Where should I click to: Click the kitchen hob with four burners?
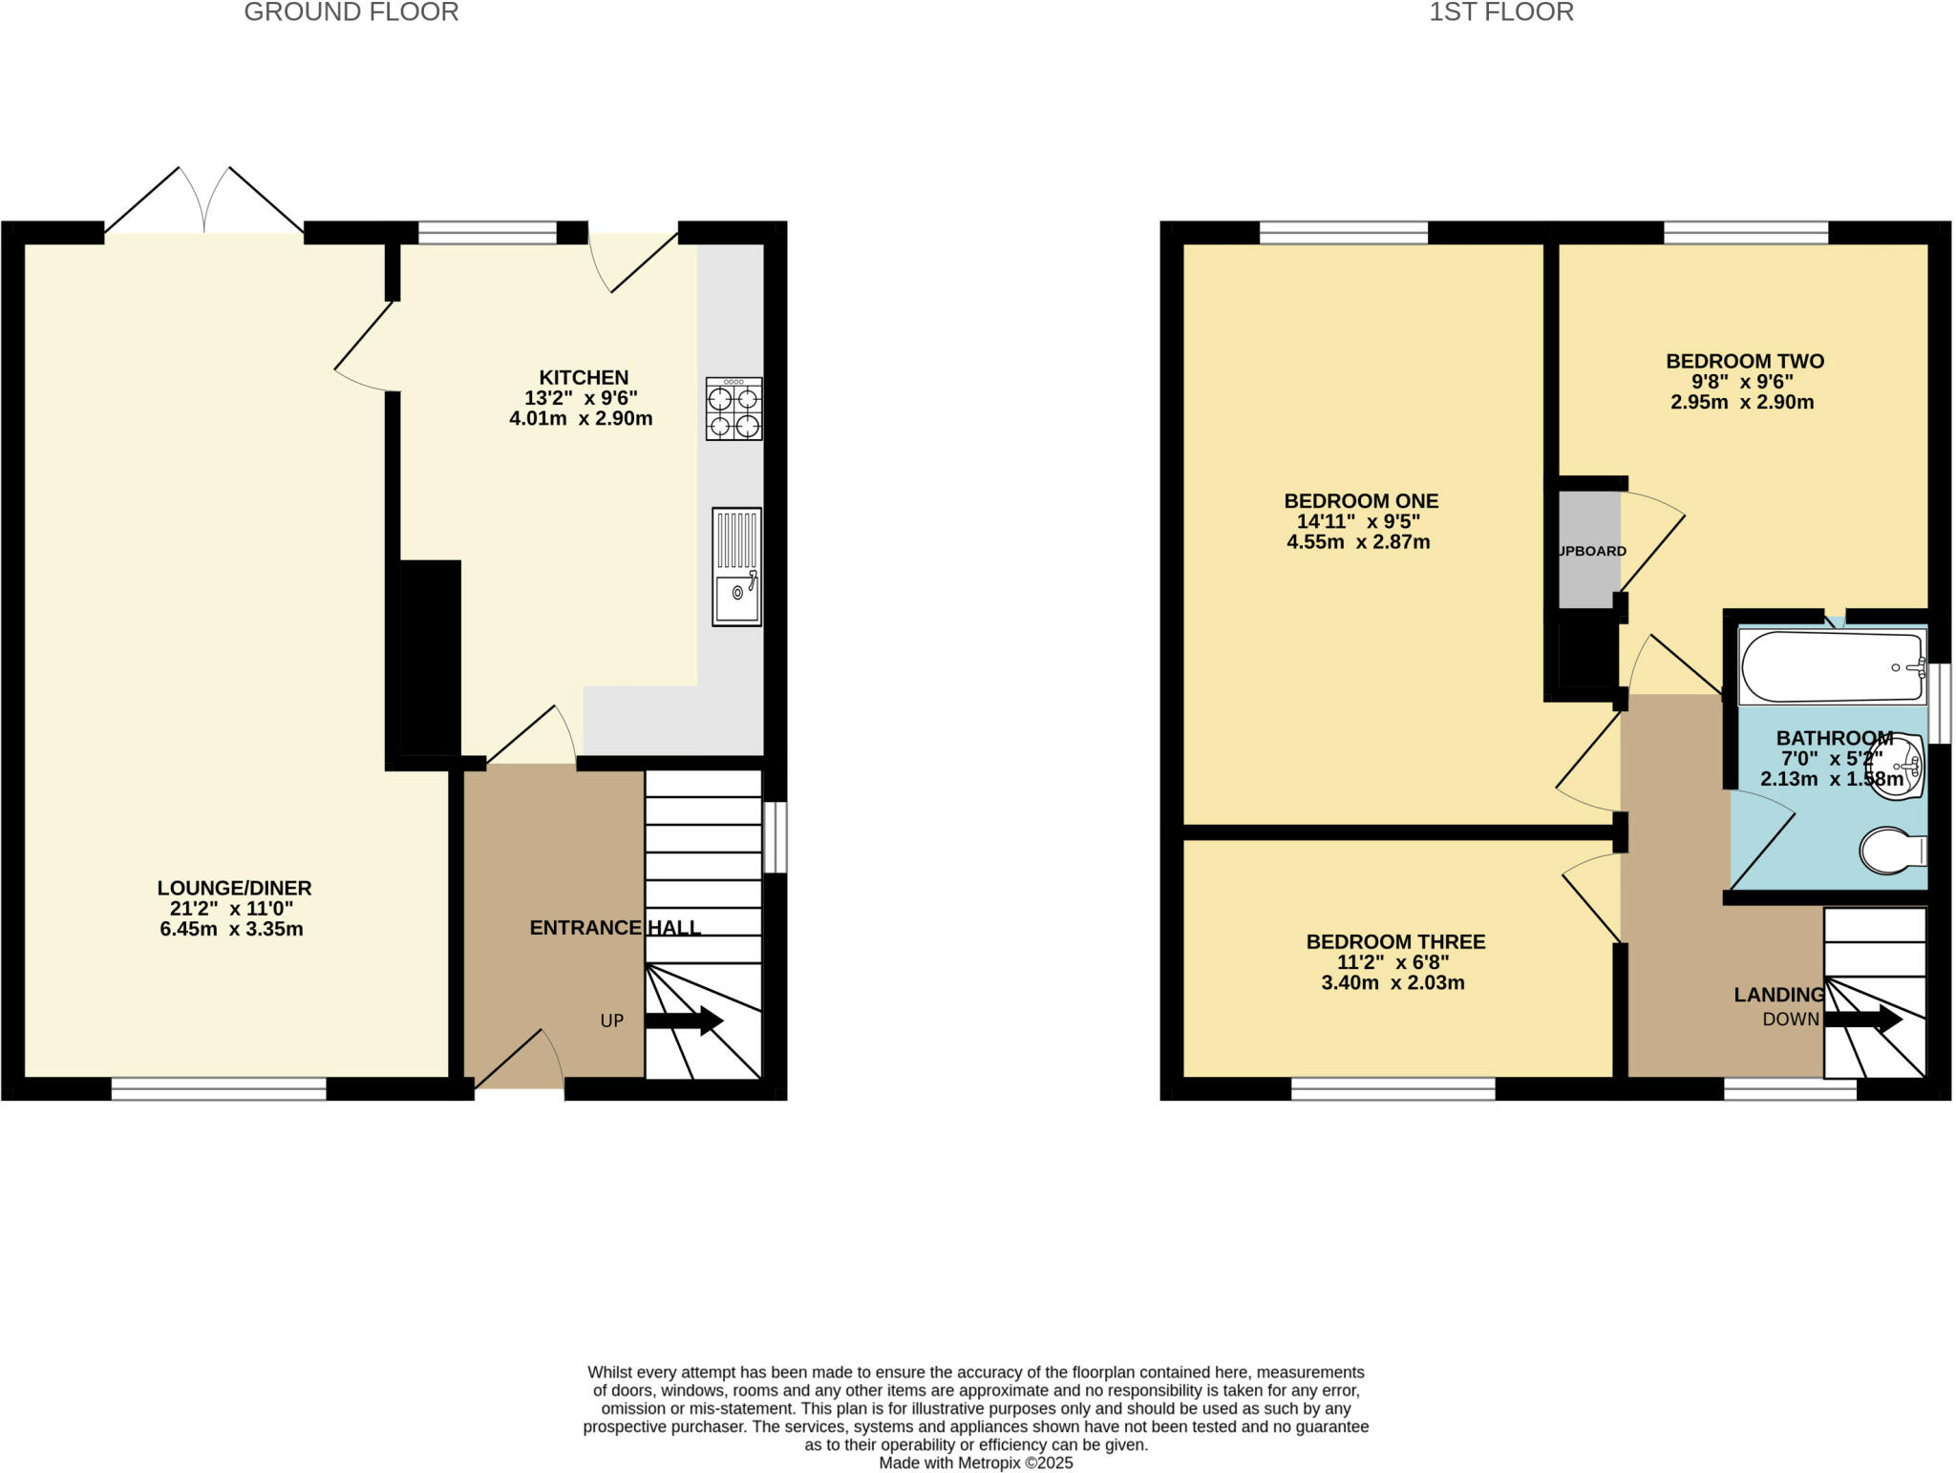tap(734, 409)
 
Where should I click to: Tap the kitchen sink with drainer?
tap(736, 567)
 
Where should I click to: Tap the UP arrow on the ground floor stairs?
tap(684, 1021)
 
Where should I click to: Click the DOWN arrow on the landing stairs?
tap(1863, 1019)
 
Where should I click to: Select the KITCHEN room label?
tap(584, 377)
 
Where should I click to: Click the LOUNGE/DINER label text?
tap(235, 888)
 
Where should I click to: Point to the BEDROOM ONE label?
tap(1361, 501)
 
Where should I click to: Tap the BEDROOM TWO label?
tap(1745, 361)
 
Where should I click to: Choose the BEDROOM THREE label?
tap(1396, 942)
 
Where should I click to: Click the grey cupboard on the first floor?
tap(1589, 550)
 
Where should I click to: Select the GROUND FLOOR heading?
tap(351, 12)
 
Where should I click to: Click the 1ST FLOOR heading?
tap(1501, 12)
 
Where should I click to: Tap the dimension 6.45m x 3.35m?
tap(231, 929)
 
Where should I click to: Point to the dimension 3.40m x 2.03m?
tap(1393, 983)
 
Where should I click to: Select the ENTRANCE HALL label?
tap(615, 928)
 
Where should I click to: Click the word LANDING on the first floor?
tap(1779, 995)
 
